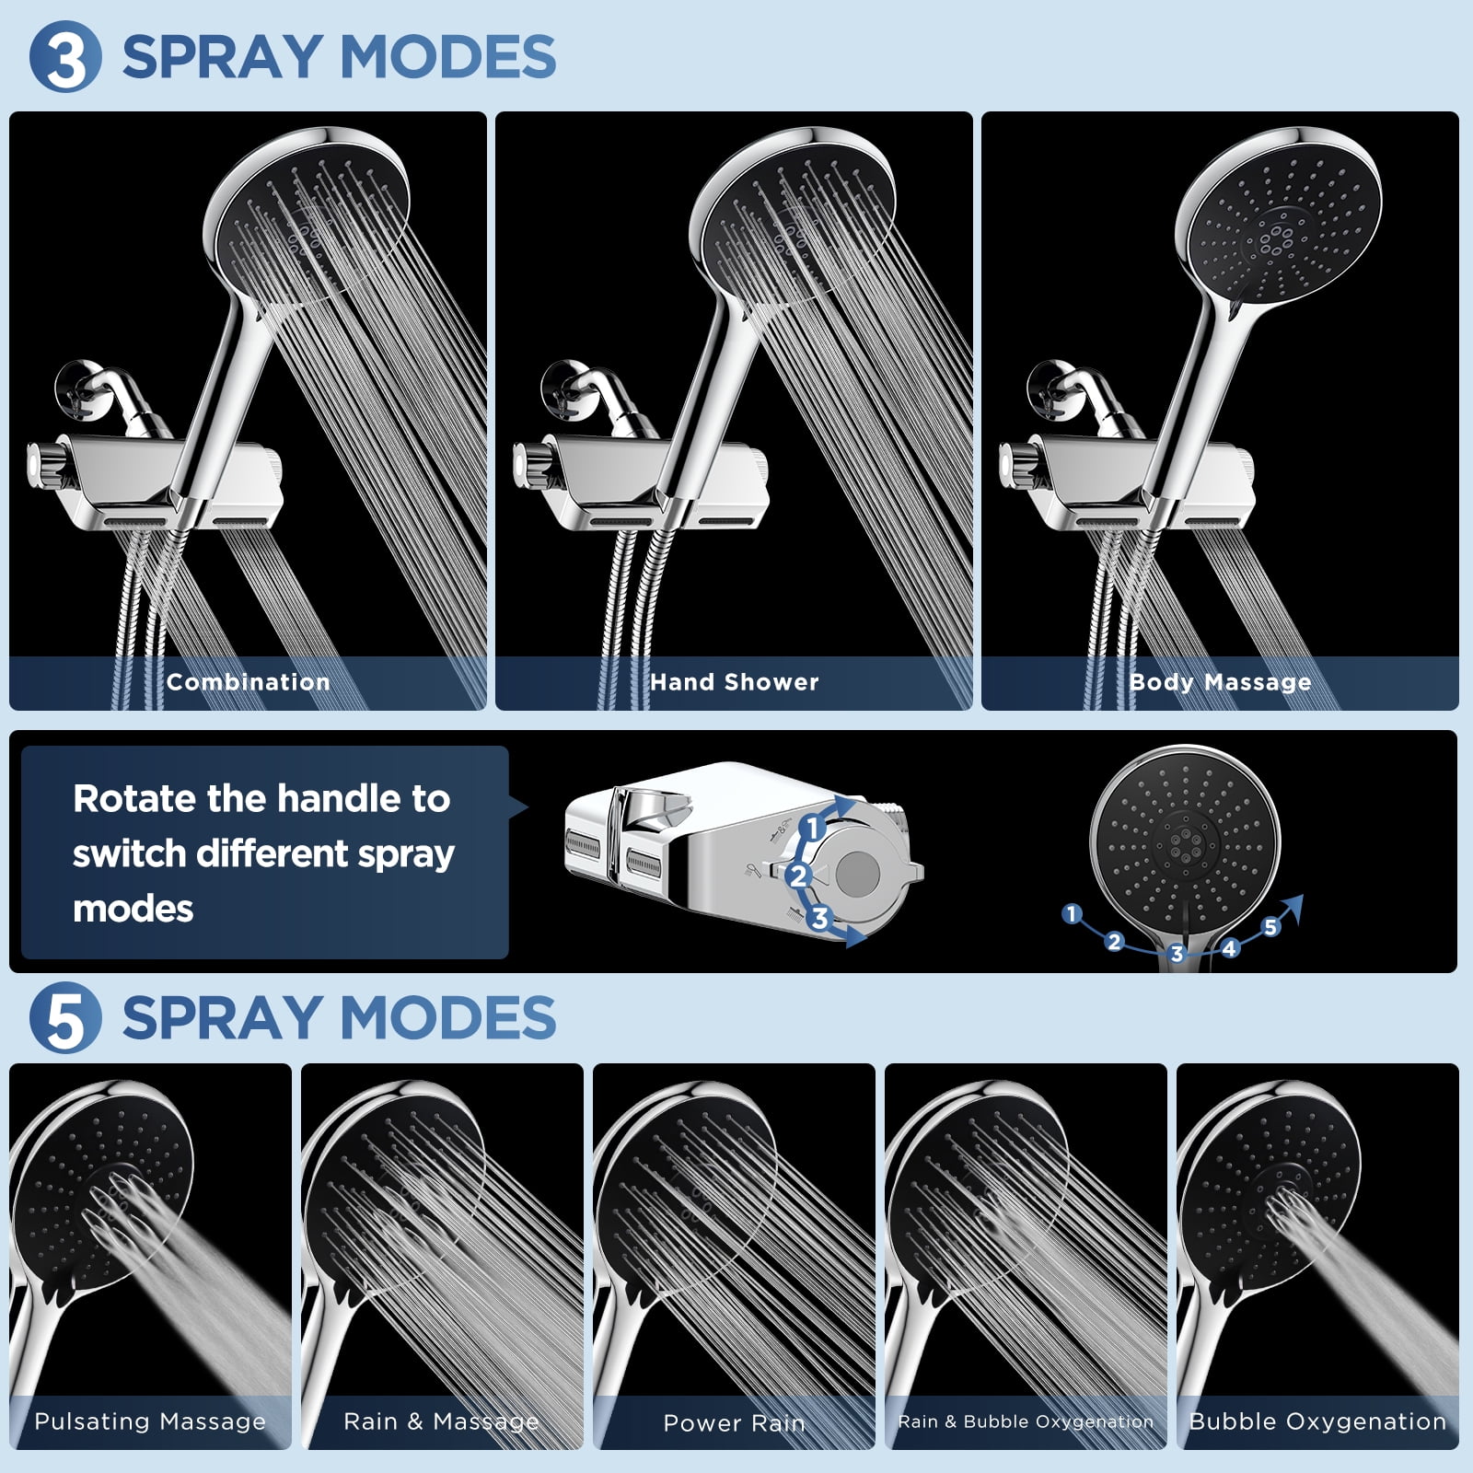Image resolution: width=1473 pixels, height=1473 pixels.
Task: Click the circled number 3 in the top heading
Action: (64, 57)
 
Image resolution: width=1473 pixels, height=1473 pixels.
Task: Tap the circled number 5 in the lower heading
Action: (64, 1018)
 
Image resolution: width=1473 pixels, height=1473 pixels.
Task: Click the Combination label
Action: (248, 682)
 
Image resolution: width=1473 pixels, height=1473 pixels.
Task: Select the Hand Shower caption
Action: (734, 682)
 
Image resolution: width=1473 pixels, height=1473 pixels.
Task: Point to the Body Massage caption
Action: (1220, 682)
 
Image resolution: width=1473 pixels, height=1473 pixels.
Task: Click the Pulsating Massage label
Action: (150, 1421)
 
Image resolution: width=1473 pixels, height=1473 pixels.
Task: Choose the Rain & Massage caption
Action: (441, 1421)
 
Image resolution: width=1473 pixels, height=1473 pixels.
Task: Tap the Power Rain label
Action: (734, 1423)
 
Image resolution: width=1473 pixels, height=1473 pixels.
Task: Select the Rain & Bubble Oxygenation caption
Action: (1026, 1421)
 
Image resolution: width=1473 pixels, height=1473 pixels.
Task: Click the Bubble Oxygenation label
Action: (1317, 1421)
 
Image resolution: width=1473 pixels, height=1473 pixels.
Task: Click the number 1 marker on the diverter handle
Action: (812, 828)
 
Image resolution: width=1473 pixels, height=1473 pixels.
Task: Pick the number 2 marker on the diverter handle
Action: (798, 876)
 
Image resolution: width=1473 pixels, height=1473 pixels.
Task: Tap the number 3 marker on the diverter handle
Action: (818, 918)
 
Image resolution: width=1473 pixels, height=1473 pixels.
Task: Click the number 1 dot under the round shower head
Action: (1071, 913)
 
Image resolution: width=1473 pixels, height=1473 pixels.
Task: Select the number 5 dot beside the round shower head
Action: (1270, 926)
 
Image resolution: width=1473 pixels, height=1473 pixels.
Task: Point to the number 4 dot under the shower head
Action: (1229, 947)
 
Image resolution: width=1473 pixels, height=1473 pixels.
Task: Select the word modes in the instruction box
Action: (133, 910)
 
